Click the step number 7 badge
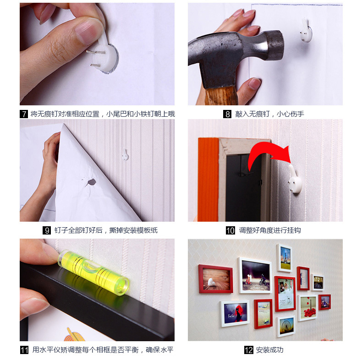(24, 114)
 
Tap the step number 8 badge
(227, 114)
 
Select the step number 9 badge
(47, 230)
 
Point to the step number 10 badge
(230, 230)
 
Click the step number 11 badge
(24, 350)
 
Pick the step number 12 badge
(249, 350)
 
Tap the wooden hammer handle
(222, 96)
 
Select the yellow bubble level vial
(93, 272)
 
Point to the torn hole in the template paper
(92, 182)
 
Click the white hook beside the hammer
(307, 31)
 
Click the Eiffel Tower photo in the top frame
(285, 258)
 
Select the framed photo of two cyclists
(255, 276)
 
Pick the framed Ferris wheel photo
(286, 326)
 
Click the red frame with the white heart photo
(216, 279)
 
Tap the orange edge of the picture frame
(208, 180)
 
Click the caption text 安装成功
(269, 350)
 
